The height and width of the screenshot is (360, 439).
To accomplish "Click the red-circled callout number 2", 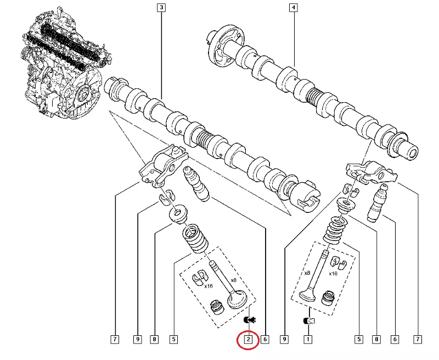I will (248, 340).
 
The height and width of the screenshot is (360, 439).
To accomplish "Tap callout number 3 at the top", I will (161, 8).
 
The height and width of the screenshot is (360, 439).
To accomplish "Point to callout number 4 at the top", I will (294, 8).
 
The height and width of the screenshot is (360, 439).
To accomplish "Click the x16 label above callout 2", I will (209, 286).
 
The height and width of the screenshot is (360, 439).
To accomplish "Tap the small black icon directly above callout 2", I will (249, 320).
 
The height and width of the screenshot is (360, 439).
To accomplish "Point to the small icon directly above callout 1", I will (308, 321).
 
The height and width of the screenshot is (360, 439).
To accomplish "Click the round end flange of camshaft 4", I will (215, 44).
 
